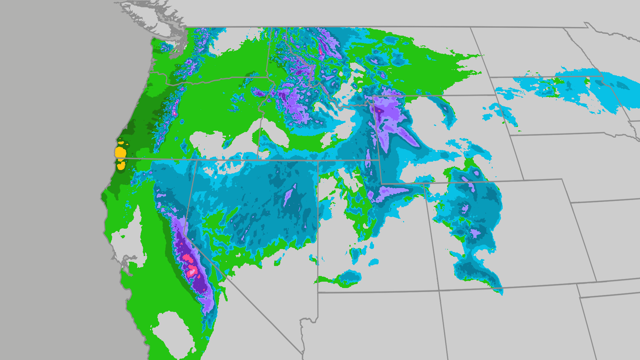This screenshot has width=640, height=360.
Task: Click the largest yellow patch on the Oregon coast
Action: click(x=120, y=153)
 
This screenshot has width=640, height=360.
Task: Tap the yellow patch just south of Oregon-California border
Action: click(x=121, y=165)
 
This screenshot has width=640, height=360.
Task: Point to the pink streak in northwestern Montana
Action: click(x=321, y=51)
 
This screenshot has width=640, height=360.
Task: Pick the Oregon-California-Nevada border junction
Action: click(x=197, y=160)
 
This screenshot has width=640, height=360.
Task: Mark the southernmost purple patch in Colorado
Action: click(x=474, y=232)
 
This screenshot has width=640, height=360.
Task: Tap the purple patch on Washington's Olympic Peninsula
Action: click(x=164, y=48)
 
